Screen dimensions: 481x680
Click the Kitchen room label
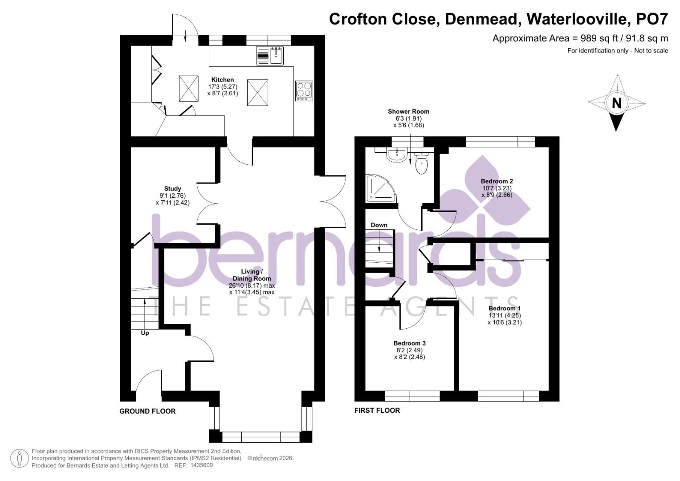point(222,80)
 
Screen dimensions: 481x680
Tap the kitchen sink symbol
point(271,56)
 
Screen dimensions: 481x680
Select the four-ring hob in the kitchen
point(304,90)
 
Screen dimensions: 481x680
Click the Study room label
point(172,188)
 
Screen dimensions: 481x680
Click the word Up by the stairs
point(145,333)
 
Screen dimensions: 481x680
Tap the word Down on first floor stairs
point(379,225)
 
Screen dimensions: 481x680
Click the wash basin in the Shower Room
point(396,155)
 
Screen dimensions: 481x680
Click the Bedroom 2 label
point(497,181)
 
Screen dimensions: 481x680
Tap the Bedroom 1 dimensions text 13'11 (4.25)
point(505,315)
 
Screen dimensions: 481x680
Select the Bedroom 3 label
point(409,343)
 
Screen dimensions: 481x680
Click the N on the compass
point(616,103)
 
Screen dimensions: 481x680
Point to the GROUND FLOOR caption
point(147,411)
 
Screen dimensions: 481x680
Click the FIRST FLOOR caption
point(377,410)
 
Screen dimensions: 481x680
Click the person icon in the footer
point(19,459)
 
